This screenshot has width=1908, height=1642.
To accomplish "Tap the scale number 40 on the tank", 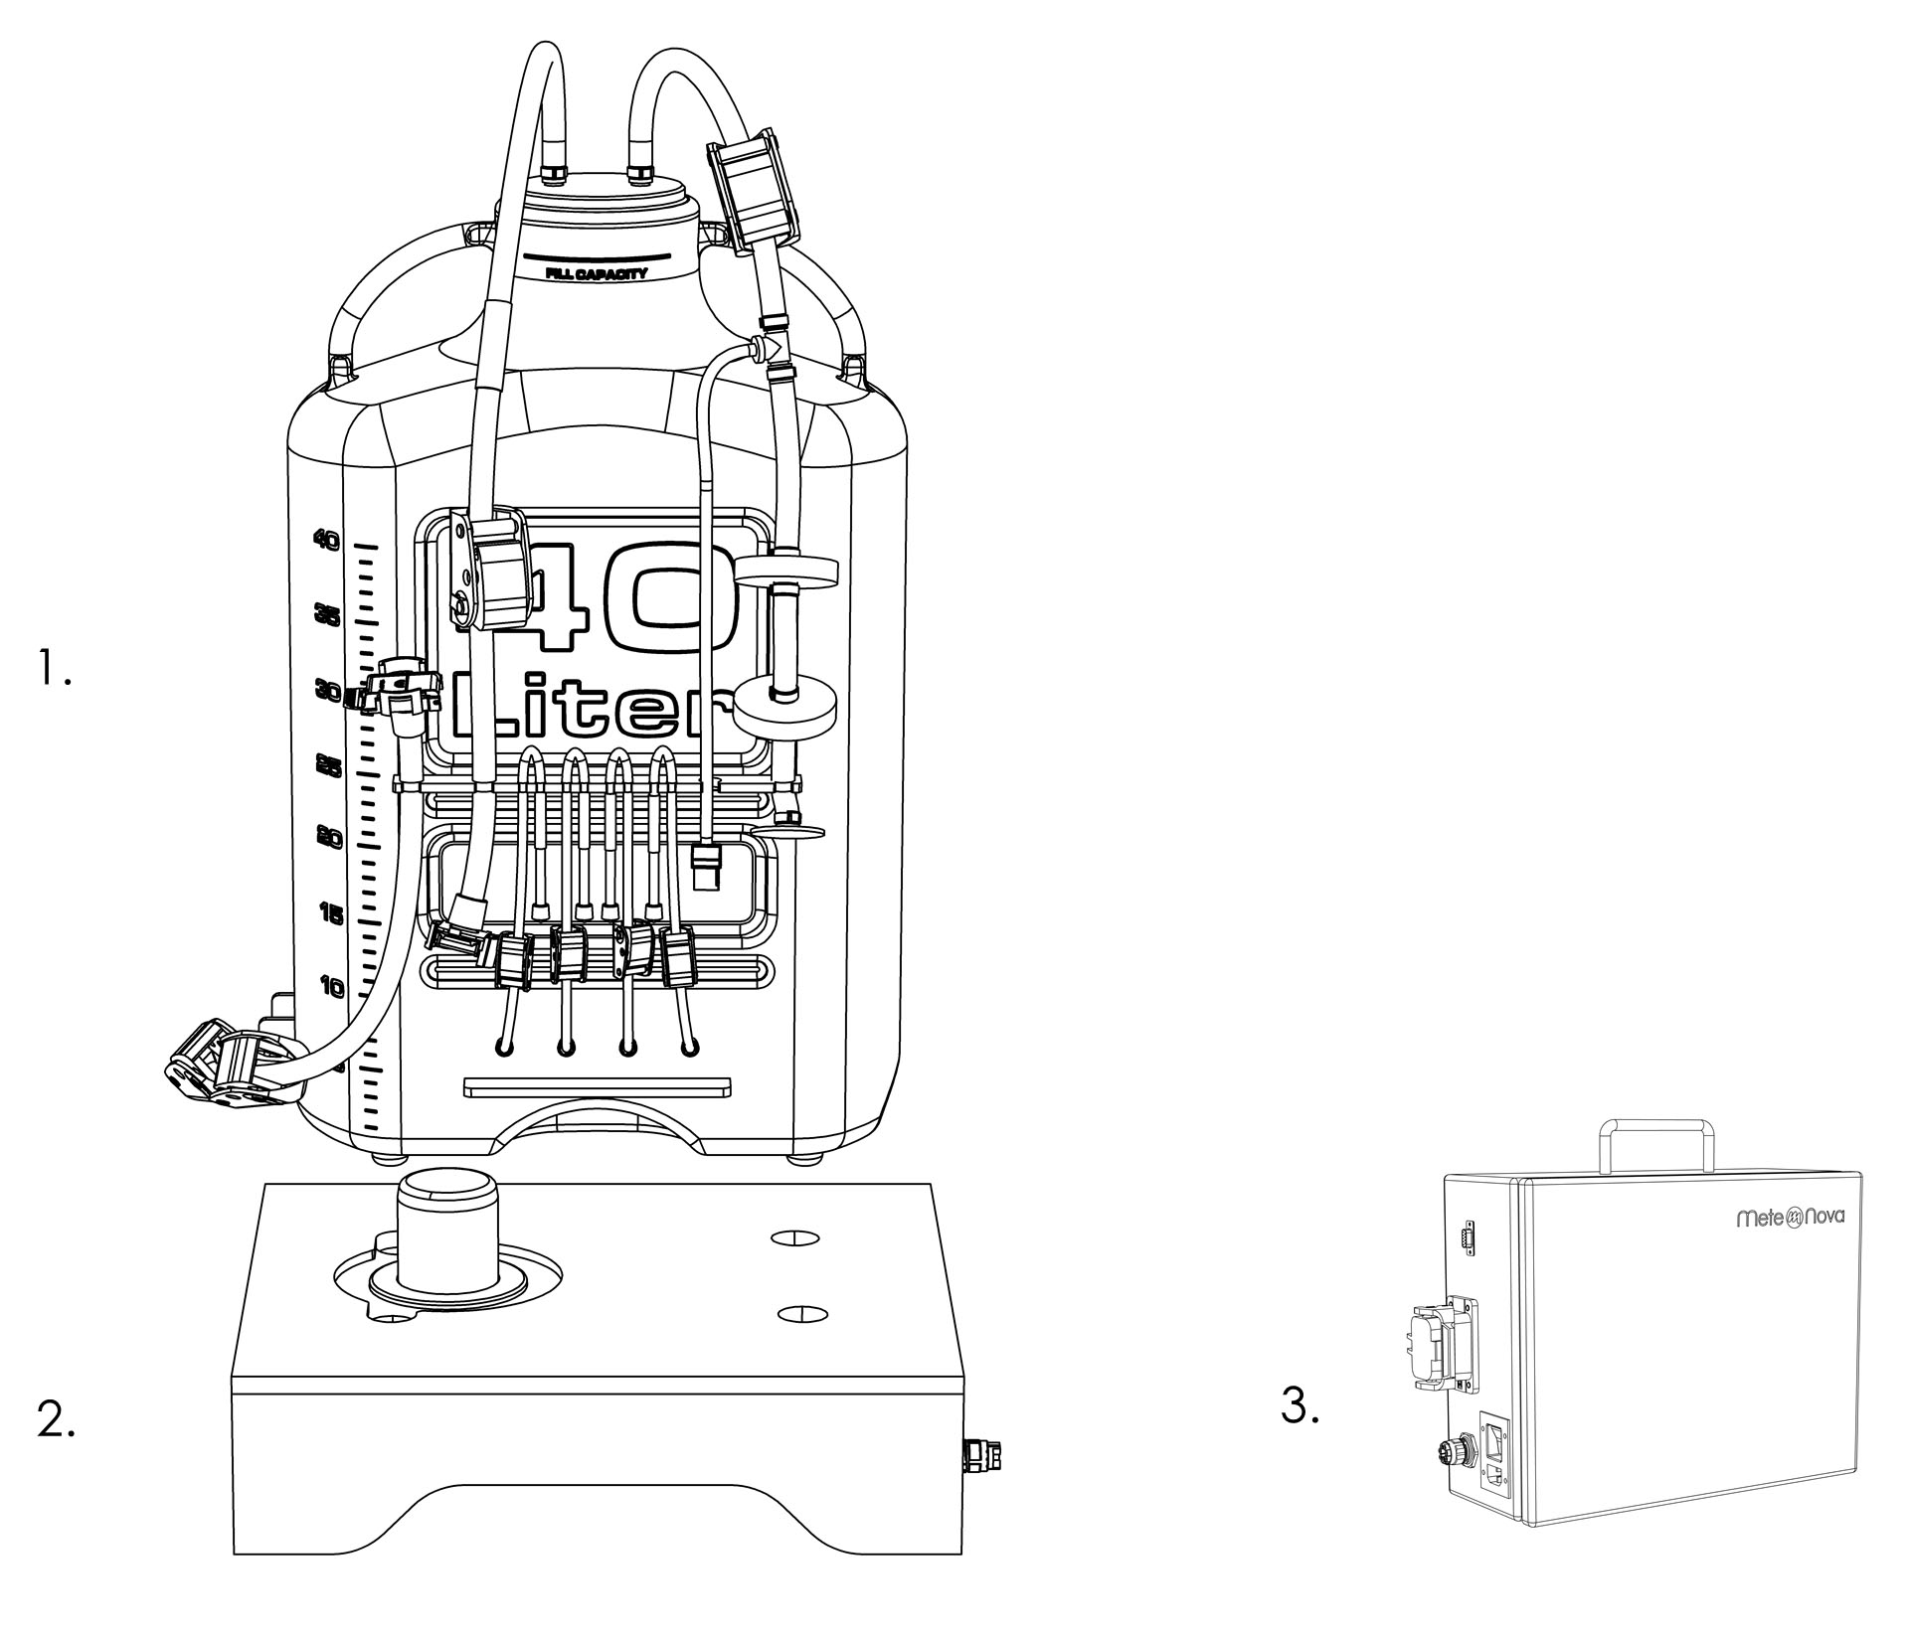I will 326,540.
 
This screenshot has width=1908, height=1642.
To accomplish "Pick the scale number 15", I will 331,912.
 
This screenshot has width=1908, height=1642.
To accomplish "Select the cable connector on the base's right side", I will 982,1457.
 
